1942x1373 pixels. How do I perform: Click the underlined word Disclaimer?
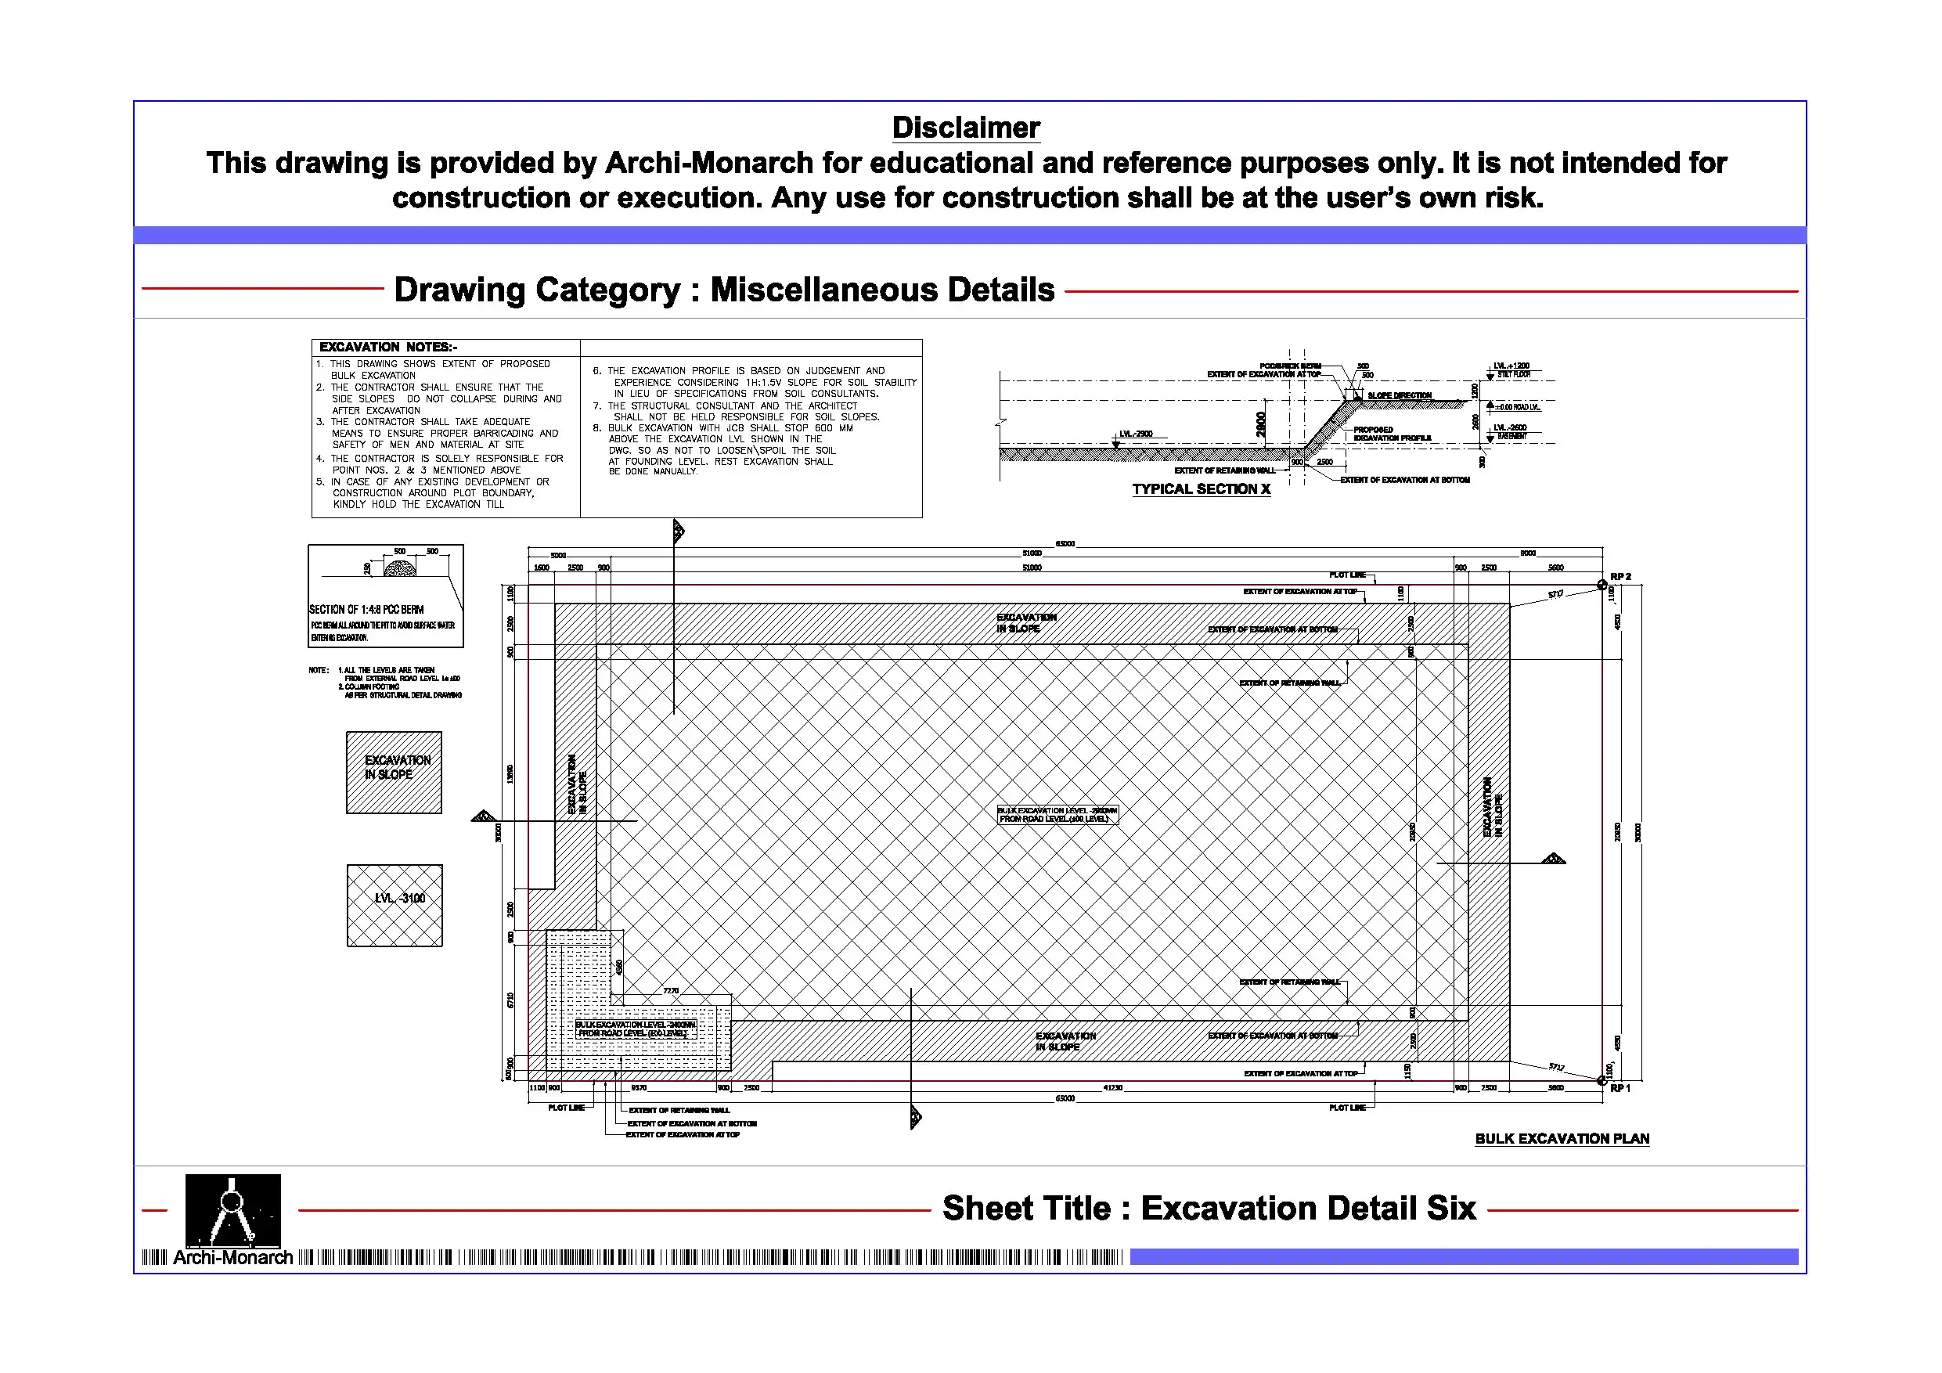[x=966, y=128]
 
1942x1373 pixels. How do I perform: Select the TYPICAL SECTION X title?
[x=1201, y=489]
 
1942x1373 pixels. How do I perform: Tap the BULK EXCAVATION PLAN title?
[x=1562, y=1139]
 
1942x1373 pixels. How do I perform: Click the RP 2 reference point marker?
[x=1602, y=585]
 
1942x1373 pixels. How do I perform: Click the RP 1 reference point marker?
[x=1602, y=1080]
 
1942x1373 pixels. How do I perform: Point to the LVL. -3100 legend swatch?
[x=395, y=905]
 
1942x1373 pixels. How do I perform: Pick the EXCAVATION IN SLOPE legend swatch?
[x=395, y=773]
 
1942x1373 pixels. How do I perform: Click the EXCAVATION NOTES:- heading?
[x=388, y=347]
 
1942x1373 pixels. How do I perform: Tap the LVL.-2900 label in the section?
[x=1136, y=434]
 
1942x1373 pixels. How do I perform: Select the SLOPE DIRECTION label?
[x=1400, y=396]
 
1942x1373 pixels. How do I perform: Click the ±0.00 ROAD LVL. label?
[x=1518, y=407]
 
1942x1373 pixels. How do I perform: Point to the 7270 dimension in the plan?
[x=671, y=991]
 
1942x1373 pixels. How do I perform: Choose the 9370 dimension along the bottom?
[x=639, y=1088]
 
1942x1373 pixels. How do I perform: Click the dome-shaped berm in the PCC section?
[x=400, y=568]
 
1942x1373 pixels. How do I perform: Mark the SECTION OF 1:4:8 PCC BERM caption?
[x=366, y=609]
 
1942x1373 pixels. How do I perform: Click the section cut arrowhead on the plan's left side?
[x=483, y=816]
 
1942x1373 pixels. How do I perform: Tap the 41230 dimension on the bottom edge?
[x=1112, y=1088]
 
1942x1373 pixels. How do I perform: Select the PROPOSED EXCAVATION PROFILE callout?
[x=1393, y=434]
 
